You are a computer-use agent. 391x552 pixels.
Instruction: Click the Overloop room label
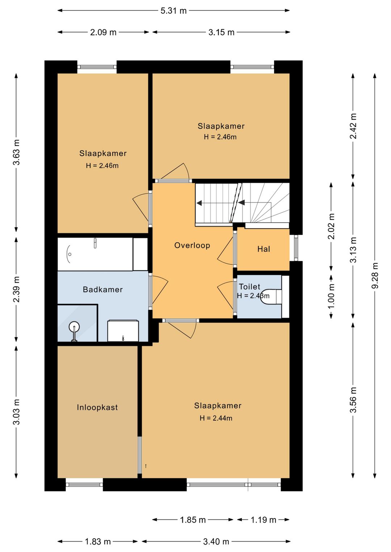point(192,245)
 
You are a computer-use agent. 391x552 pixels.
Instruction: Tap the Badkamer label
point(102,289)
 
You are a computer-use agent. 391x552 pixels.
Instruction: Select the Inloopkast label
point(97,407)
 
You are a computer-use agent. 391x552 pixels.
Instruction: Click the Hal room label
point(264,249)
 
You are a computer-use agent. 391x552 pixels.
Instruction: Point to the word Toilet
point(249,286)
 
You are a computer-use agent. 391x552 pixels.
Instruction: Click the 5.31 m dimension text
point(174,11)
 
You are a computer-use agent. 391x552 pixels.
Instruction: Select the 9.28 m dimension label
point(375,276)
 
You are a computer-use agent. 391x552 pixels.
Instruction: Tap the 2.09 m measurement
point(103,32)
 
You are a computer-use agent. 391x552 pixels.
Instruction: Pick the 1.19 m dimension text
point(263,520)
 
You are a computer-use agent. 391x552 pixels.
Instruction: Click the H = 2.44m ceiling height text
point(216,418)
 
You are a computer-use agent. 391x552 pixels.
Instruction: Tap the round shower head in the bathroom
point(74,327)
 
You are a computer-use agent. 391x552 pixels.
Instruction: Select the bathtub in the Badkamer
point(95,254)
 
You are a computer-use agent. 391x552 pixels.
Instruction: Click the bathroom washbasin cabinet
point(123,331)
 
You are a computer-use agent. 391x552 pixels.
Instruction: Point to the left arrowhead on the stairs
point(199,203)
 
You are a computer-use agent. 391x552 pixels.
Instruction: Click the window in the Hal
point(296,248)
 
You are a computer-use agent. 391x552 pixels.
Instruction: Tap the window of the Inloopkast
point(84,484)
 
